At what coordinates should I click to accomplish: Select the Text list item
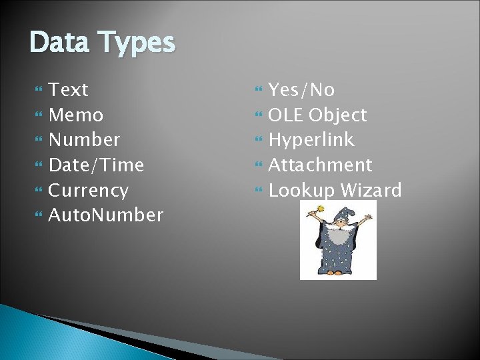click(x=69, y=90)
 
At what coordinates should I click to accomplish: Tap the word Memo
click(x=76, y=115)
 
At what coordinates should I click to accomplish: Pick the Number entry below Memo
click(x=85, y=140)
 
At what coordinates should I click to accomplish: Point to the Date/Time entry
click(x=97, y=165)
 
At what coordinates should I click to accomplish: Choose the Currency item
click(x=89, y=190)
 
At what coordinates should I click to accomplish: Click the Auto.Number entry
click(x=106, y=215)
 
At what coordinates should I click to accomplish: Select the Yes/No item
click(x=301, y=90)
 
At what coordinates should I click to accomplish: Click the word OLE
click(x=285, y=115)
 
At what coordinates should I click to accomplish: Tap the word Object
click(x=337, y=115)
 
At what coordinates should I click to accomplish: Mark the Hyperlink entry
click(x=311, y=140)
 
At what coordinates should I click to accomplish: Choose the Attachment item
click(x=320, y=165)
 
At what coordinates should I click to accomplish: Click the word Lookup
click(x=301, y=191)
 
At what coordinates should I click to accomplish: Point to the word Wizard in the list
click(x=371, y=191)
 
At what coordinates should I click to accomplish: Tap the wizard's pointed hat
click(x=341, y=215)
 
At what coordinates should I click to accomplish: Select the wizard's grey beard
click(x=340, y=235)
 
